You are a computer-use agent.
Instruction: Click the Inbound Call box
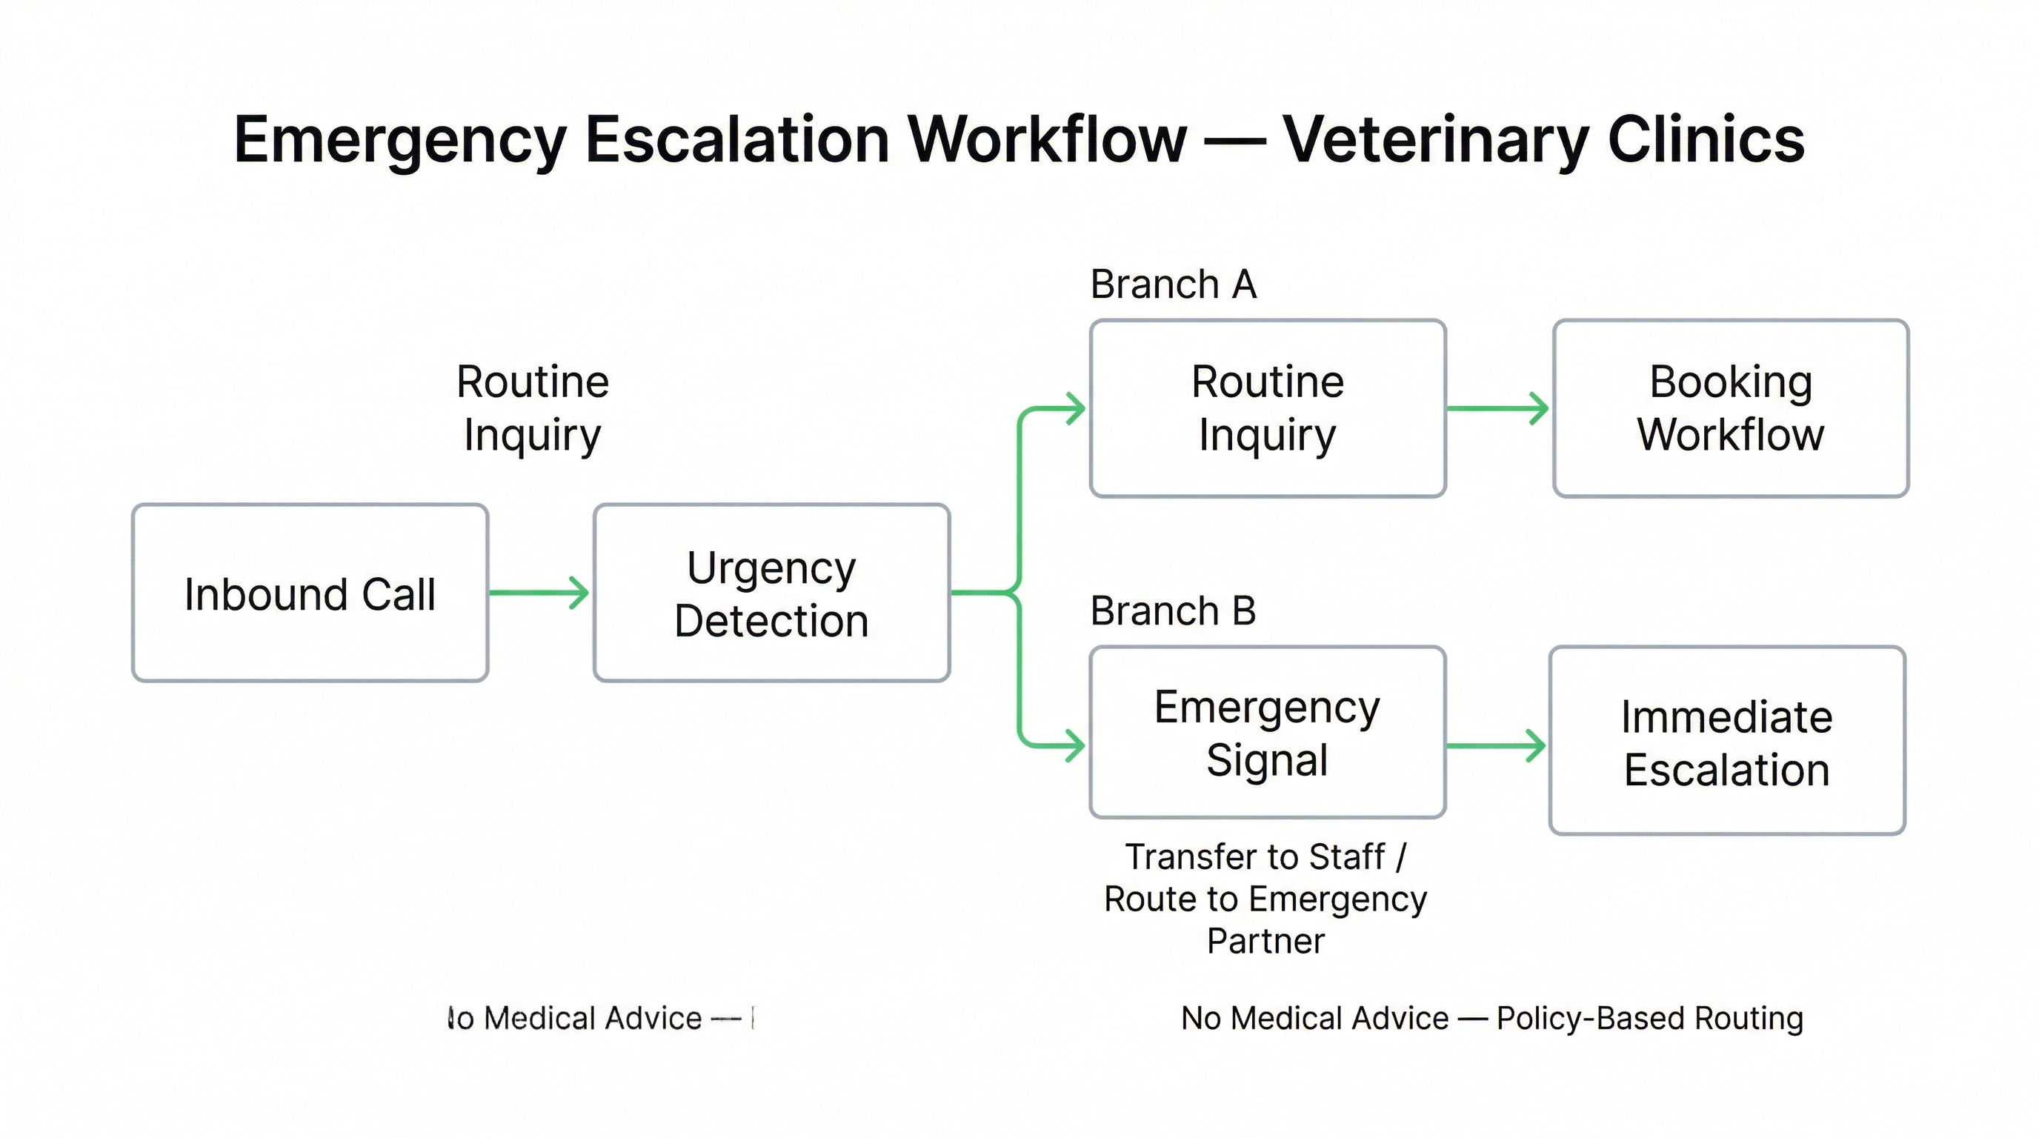coord(310,593)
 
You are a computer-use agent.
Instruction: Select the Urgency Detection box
coord(771,593)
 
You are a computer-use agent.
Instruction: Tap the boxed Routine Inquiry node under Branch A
coord(1267,408)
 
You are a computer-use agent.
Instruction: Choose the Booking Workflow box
coord(1730,408)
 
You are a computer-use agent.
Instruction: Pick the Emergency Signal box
coord(1267,732)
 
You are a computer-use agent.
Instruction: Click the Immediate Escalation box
coord(1726,741)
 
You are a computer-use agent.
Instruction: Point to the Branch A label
coord(1173,284)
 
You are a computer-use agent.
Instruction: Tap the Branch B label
coord(1173,611)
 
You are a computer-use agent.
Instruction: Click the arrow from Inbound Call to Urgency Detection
coord(538,593)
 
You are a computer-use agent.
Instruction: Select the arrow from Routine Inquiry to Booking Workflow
coord(1496,408)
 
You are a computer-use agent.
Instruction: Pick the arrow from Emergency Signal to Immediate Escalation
coord(1494,745)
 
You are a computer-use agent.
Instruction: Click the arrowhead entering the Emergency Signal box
coord(1075,745)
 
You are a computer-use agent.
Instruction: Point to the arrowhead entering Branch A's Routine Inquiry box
coord(1075,408)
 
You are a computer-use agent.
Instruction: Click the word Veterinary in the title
coord(1435,140)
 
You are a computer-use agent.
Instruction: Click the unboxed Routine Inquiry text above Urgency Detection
coord(533,408)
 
